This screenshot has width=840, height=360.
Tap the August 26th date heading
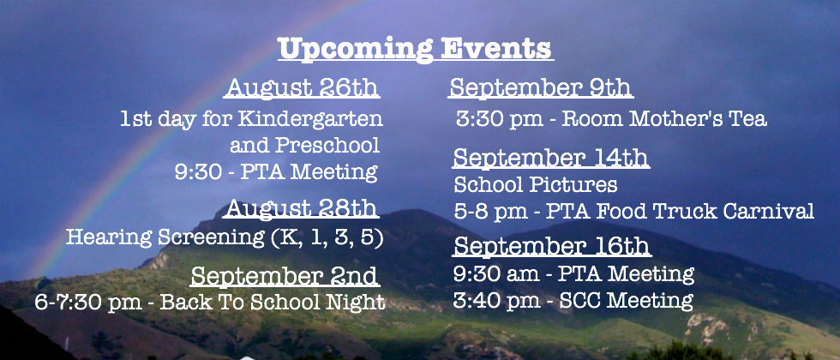click(303, 87)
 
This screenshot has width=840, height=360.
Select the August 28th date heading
click(302, 208)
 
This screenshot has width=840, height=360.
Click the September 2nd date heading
click(285, 276)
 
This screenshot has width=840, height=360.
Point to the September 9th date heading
click(540, 87)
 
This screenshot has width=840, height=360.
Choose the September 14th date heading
click(551, 158)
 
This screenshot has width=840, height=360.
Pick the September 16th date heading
click(552, 247)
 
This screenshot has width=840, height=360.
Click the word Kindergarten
click(310, 118)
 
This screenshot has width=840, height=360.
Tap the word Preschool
click(327, 145)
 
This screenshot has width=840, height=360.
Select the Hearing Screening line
click(225, 237)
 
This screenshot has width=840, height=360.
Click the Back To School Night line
click(210, 302)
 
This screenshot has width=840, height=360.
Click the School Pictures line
click(535, 185)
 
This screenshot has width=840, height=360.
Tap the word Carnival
click(769, 211)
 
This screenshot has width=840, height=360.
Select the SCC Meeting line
click(573, 300)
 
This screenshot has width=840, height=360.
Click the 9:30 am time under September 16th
click(496, 274)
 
